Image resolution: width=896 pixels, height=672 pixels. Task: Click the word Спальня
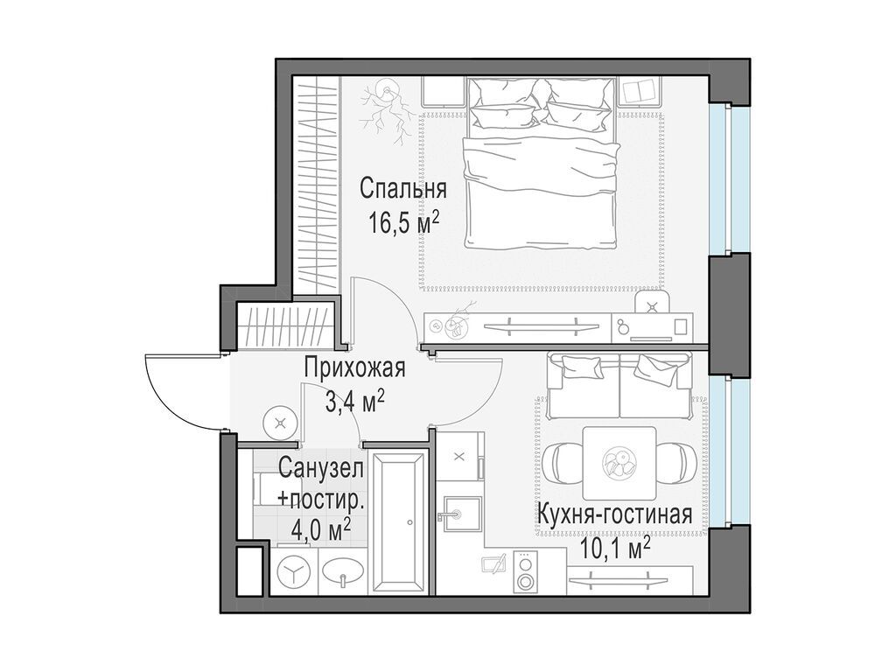pos(403,189)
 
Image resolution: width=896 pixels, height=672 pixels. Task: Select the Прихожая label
pos(354,368)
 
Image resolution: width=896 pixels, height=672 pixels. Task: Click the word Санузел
pos(320,468)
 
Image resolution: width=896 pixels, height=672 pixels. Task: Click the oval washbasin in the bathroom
pos(343,573)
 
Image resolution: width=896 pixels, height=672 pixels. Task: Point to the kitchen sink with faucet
pos(459,511)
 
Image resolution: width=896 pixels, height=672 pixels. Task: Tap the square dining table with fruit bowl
pos(619,462)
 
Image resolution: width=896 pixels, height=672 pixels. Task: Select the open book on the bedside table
pos(644,91)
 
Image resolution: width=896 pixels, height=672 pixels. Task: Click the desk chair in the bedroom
pos(653,303)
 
